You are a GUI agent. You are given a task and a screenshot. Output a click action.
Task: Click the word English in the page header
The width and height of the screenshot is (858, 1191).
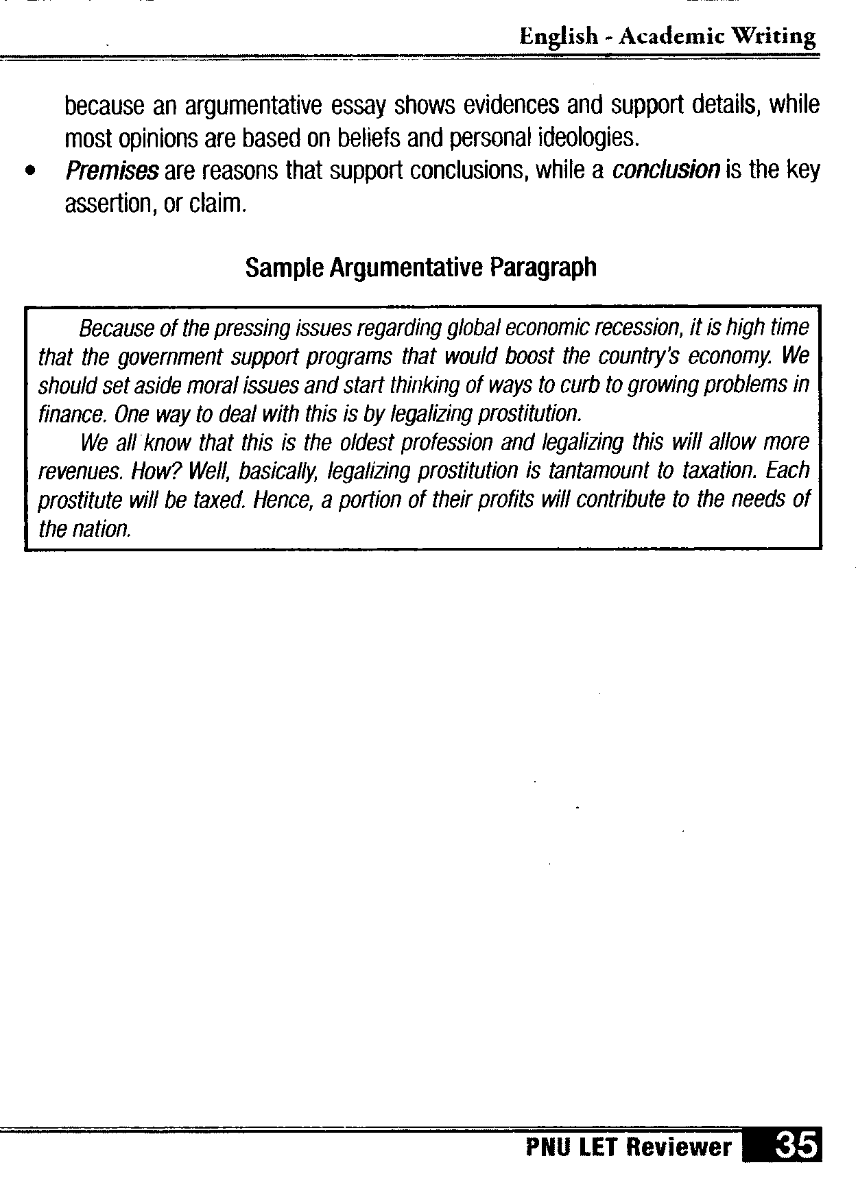[x=558, y=36]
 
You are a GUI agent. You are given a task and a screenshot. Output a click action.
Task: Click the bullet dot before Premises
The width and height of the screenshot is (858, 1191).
[x=29, y=171]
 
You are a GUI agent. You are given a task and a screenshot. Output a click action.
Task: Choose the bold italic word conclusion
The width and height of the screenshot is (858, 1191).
[x=666, y=170]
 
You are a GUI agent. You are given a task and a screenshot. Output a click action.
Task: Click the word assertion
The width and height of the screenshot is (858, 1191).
[x=108, y=204]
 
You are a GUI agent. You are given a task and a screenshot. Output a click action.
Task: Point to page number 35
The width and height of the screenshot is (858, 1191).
[x=796, y=1146]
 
